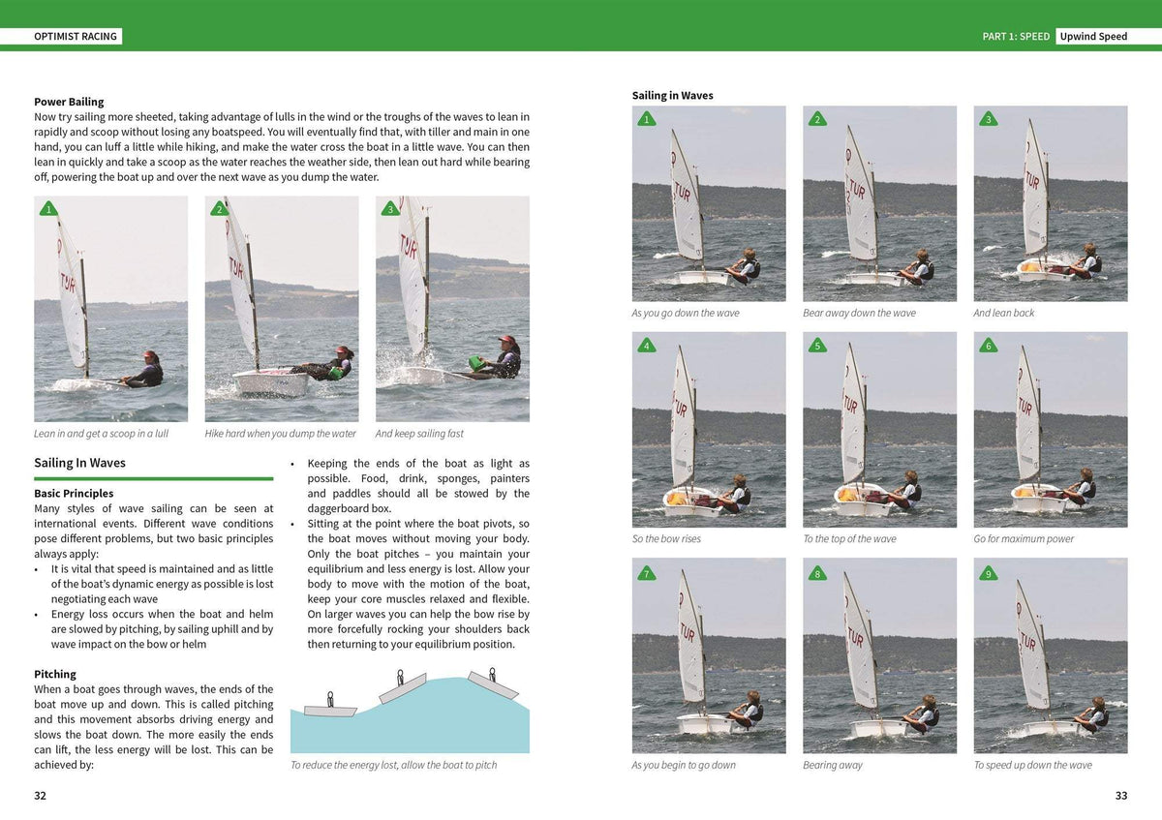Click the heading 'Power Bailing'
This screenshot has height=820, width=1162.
69,102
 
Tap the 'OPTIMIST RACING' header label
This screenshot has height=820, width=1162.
76,37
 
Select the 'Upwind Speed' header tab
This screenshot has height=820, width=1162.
1093,37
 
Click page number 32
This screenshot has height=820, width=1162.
40,796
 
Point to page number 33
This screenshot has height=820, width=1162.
1121,796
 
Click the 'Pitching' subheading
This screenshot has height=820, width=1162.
55,674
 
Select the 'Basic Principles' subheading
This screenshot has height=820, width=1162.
74,494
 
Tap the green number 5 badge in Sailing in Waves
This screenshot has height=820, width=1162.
817,346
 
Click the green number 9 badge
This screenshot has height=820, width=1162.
988,572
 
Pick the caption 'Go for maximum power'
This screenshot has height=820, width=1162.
1024,539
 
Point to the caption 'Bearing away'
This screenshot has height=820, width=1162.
832,765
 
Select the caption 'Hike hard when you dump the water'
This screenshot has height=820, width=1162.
281,434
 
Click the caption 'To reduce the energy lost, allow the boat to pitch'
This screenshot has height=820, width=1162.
393,765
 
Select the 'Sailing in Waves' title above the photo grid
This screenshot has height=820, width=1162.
672,95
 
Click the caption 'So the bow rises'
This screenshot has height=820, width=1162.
666,539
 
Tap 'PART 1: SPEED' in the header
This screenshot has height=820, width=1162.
1016,37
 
